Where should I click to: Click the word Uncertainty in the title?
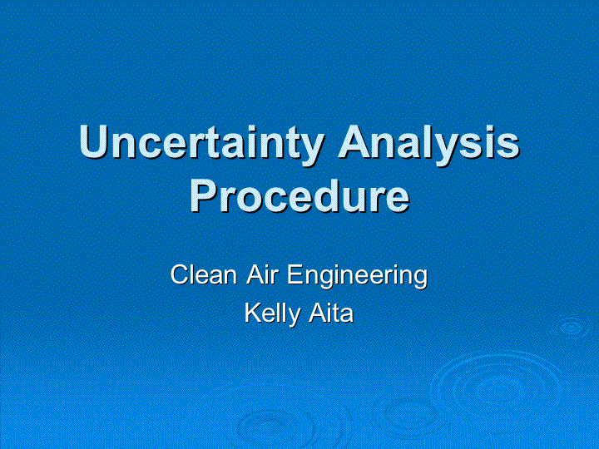202,145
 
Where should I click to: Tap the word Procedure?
299,196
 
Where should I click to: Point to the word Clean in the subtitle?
204,274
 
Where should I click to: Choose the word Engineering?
357,276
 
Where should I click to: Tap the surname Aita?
331,313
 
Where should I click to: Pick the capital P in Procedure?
204,196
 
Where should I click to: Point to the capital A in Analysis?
354,141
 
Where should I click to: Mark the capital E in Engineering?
295,274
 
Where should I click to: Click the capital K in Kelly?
253,313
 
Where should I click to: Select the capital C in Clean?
180,274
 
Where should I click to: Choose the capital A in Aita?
318,313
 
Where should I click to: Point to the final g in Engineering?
419,279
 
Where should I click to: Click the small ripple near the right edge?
571,328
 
